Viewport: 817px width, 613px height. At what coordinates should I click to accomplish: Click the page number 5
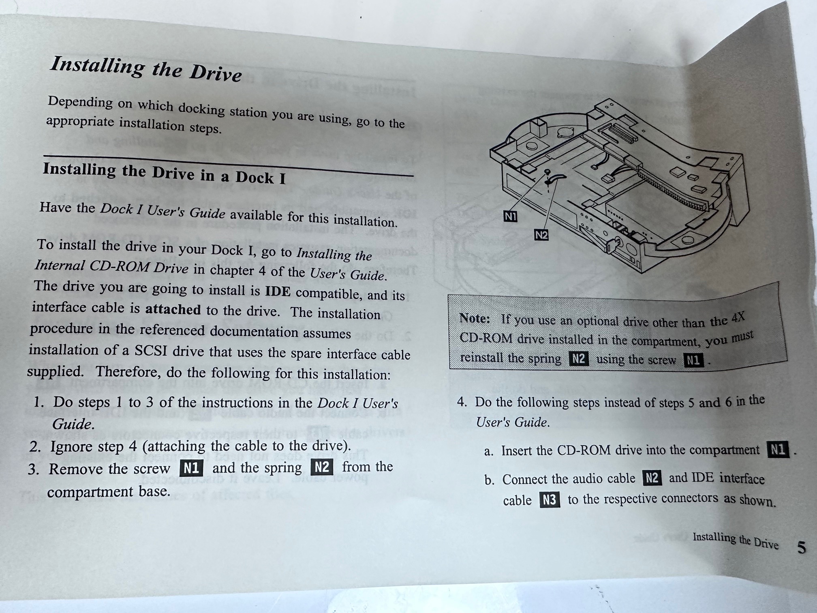pos(801,548)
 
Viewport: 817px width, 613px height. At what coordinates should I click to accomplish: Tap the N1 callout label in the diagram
pos(510,216)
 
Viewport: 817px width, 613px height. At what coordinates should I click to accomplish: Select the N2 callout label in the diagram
pos(541,235)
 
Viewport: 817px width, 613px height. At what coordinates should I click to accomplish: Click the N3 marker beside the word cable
pos(550,500)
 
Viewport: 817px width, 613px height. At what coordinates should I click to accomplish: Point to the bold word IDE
pos(278,291)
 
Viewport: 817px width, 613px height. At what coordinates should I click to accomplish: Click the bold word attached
pos(173,309)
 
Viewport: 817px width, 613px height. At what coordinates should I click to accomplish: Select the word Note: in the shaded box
pos(475,318)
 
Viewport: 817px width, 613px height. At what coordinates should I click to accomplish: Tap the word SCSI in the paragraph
pos(151,350)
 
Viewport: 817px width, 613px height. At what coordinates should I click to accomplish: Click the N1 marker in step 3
pos(191,469)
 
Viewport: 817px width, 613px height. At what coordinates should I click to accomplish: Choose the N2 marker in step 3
pos(322,467)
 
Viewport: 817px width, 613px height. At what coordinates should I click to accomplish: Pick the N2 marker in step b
pos(652,478)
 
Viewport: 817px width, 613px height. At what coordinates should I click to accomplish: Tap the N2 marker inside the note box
pos(579,359)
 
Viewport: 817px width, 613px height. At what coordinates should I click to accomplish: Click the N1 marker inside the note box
pos(693,360)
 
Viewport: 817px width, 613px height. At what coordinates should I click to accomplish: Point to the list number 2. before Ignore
pos(35,447)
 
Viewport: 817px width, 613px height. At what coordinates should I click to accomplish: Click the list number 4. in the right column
pos(462,402)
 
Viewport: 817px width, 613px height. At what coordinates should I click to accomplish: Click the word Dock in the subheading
pos(255,177)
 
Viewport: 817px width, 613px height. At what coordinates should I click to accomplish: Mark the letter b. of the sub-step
pos(489,480)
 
